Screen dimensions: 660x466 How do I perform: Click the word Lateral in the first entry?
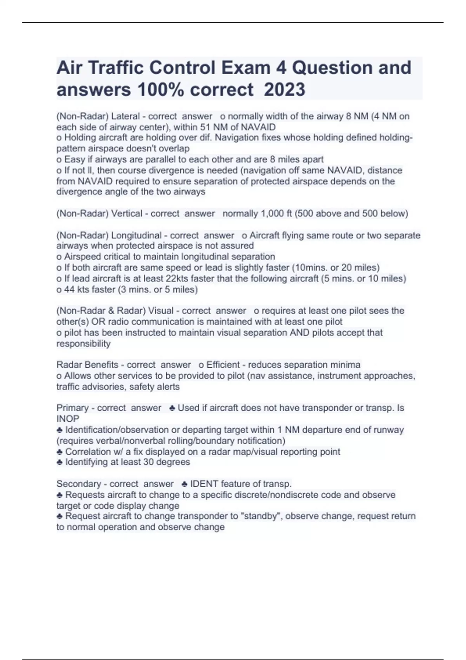125,116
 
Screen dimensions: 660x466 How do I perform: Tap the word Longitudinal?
136,235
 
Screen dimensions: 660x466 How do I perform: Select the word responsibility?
83,344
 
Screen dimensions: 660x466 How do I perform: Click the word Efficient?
223,365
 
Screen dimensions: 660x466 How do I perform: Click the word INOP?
68,419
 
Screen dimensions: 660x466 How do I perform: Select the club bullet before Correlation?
59,452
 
